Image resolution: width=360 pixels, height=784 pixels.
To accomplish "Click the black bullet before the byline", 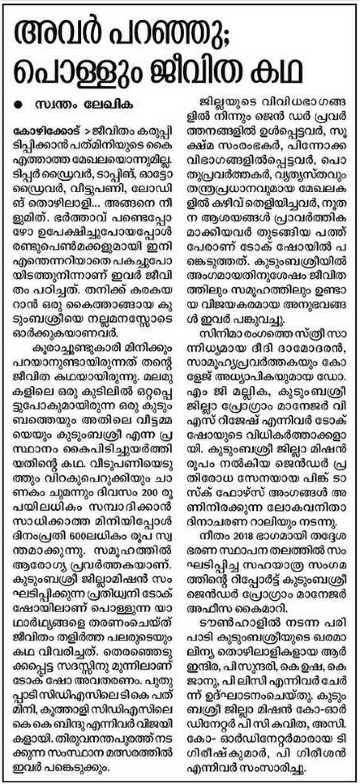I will pyautogui.click(x=18, y=105).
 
